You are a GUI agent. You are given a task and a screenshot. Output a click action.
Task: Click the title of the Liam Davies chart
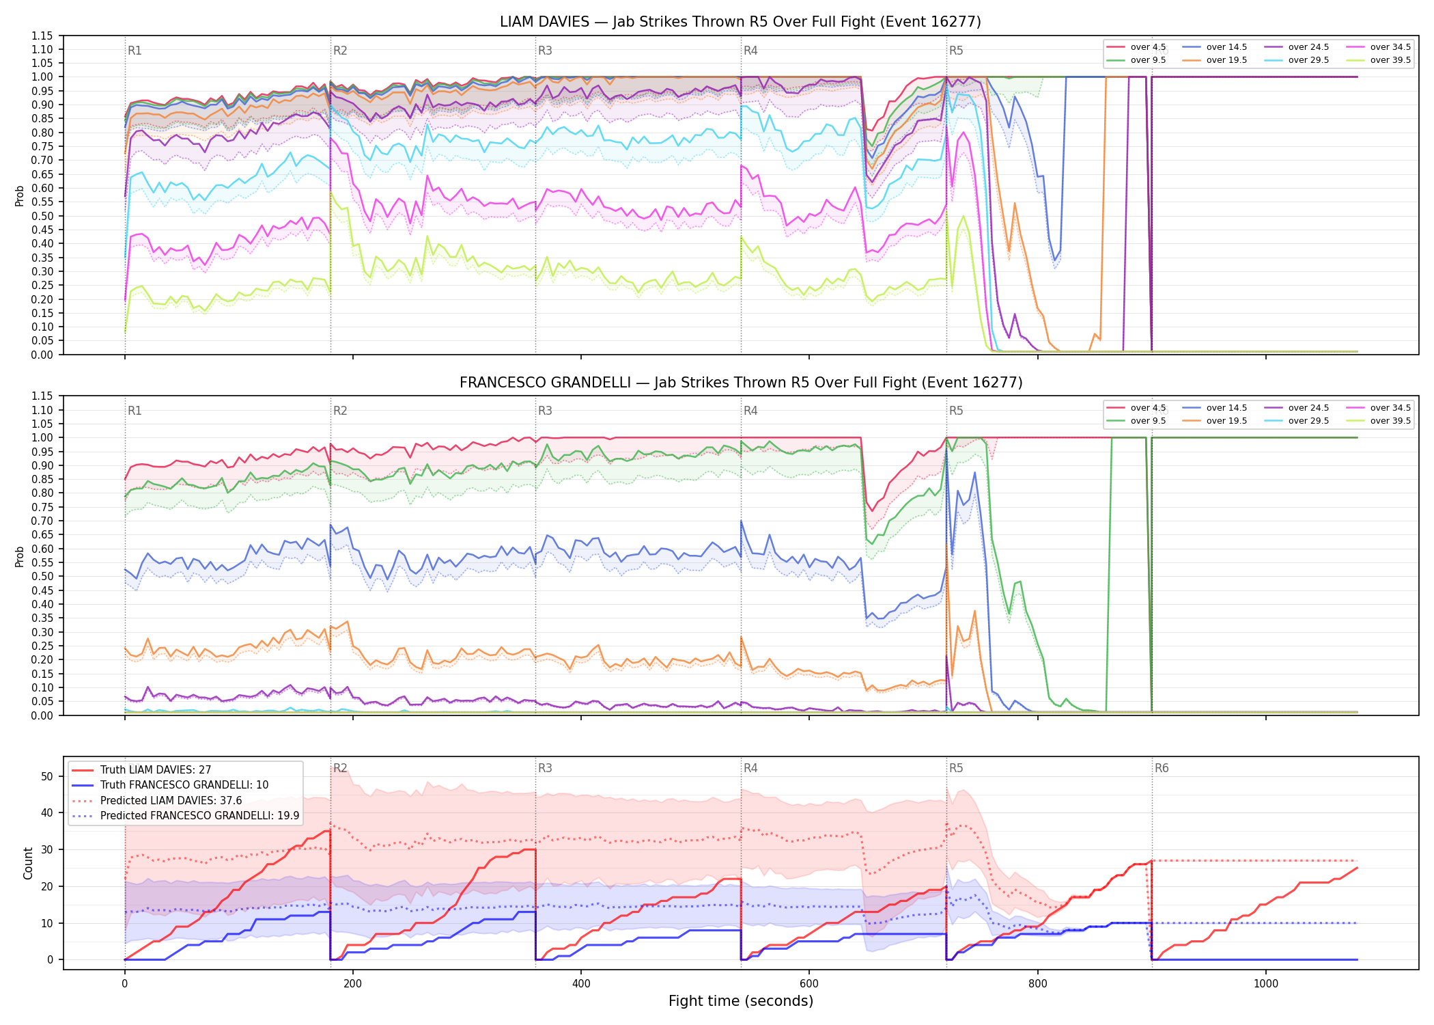(x=740, y=22)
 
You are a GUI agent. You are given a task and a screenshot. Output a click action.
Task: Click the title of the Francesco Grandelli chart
(x=741, y=383)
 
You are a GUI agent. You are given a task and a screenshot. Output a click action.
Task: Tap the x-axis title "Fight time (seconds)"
(x=741, y=1001)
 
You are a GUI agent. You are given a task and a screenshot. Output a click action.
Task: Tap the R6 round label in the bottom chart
(x=1162, y=768)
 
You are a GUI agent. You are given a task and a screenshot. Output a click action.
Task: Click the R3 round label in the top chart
(x=545, y=51)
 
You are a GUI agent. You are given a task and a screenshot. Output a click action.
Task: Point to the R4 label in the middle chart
(x=750, y=411)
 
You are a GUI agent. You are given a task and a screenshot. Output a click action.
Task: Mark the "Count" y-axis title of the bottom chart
(x=28, y=863)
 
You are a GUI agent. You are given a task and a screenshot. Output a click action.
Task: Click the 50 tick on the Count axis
(x=47, y=776)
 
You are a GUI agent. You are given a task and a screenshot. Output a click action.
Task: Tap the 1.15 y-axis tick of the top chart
(x=42, y=36)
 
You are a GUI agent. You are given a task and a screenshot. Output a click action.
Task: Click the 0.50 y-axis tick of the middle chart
(x=42, y=577)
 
